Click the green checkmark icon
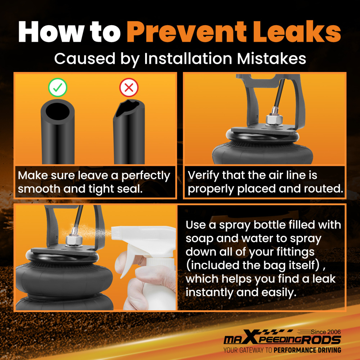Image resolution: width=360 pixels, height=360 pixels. click(x=58, y=87)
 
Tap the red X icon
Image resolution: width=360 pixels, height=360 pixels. click(x=129, y=87)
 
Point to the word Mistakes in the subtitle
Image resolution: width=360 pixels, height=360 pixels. click(x=271, y=59)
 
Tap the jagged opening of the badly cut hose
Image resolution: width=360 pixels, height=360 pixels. click(x=128, y=108)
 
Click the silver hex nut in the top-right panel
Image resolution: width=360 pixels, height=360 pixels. click(x=274, y=120)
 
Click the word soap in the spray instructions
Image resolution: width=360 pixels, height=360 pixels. click(x=199, y=239)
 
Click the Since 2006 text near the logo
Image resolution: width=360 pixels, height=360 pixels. click(x=326, y=332)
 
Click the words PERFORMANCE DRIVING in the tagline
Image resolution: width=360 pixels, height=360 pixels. click(x=307, y=350)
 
